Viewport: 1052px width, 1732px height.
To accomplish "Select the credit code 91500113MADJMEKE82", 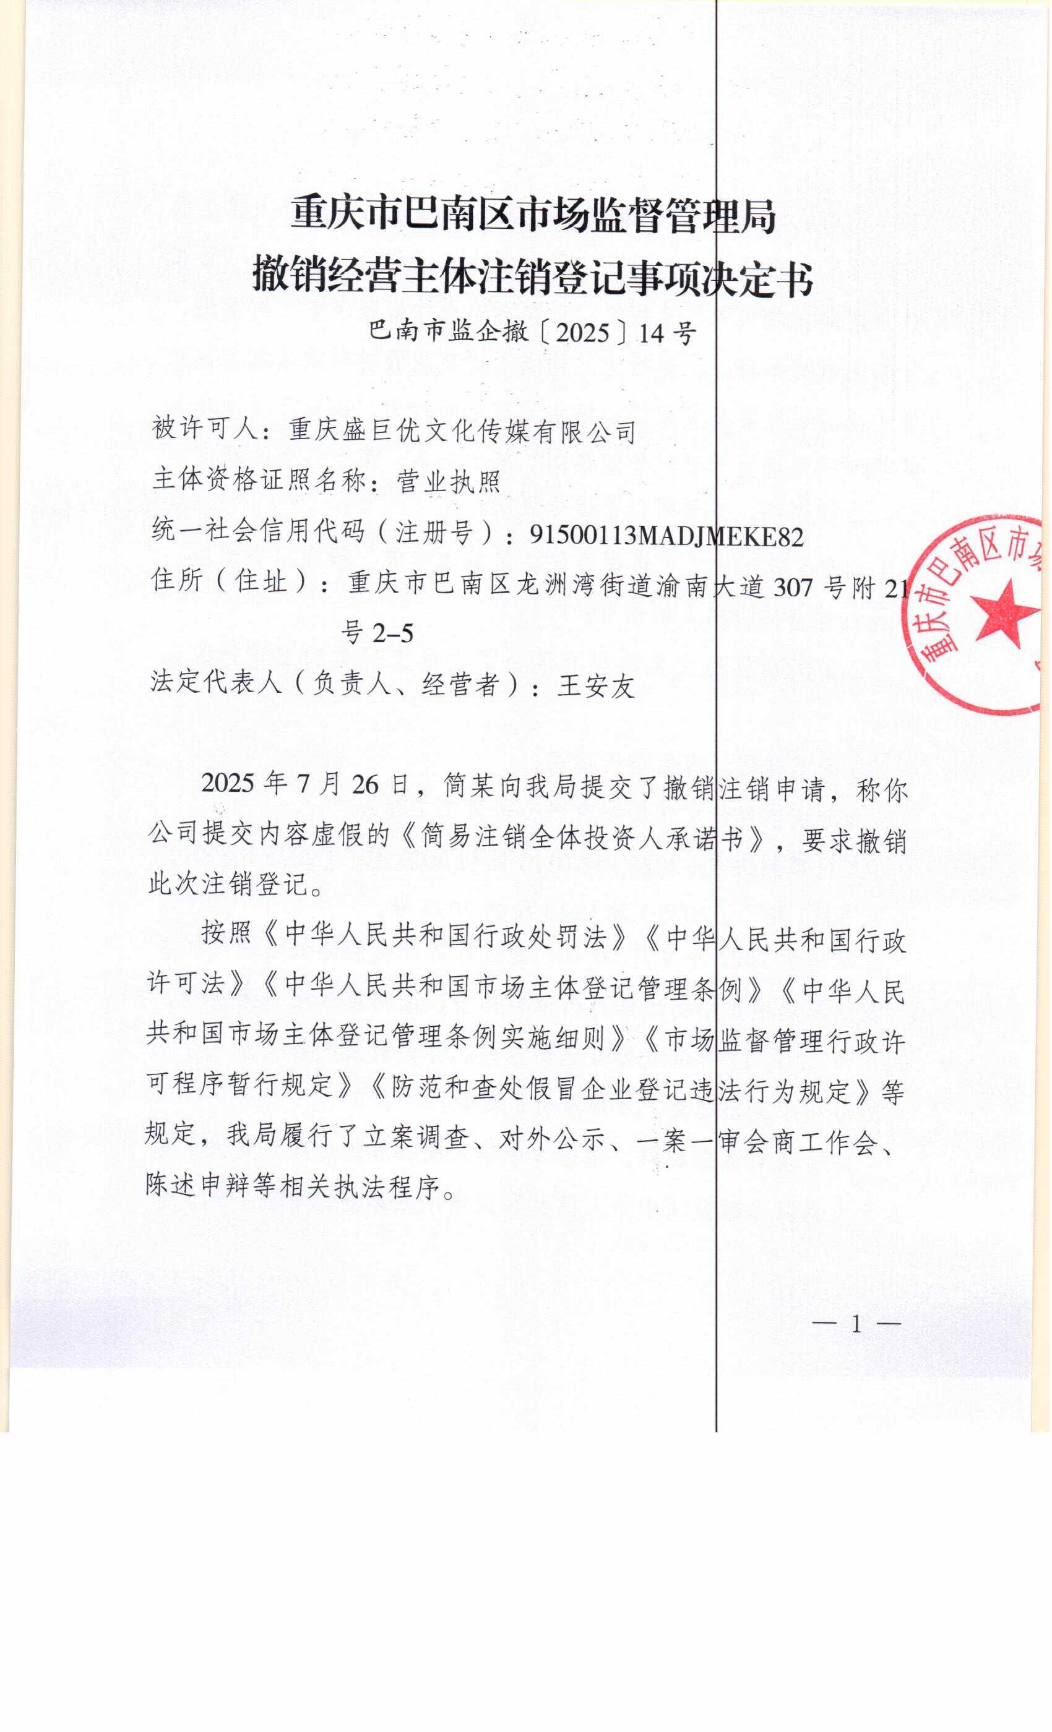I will pyautogui.click(x=666, y=536).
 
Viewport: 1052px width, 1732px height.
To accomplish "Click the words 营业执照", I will pyautogui.click(x=449, y=481).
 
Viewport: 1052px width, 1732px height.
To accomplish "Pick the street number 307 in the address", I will pyautogui.click(x=793, y=586).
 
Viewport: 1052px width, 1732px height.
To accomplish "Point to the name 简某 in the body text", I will pyautogui.click(x=468, y=786).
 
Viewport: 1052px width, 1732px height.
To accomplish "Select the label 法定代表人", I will pyautogui.click(x=215, y=682).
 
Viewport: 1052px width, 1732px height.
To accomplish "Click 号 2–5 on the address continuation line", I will pyautogui.click(x=377, y=633).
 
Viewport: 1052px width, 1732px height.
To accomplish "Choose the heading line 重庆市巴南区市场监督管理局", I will pyautogui.click(x=533, y=216).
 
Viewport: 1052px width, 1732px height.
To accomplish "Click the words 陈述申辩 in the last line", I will pyautogui.click(x=200, y=1186).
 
